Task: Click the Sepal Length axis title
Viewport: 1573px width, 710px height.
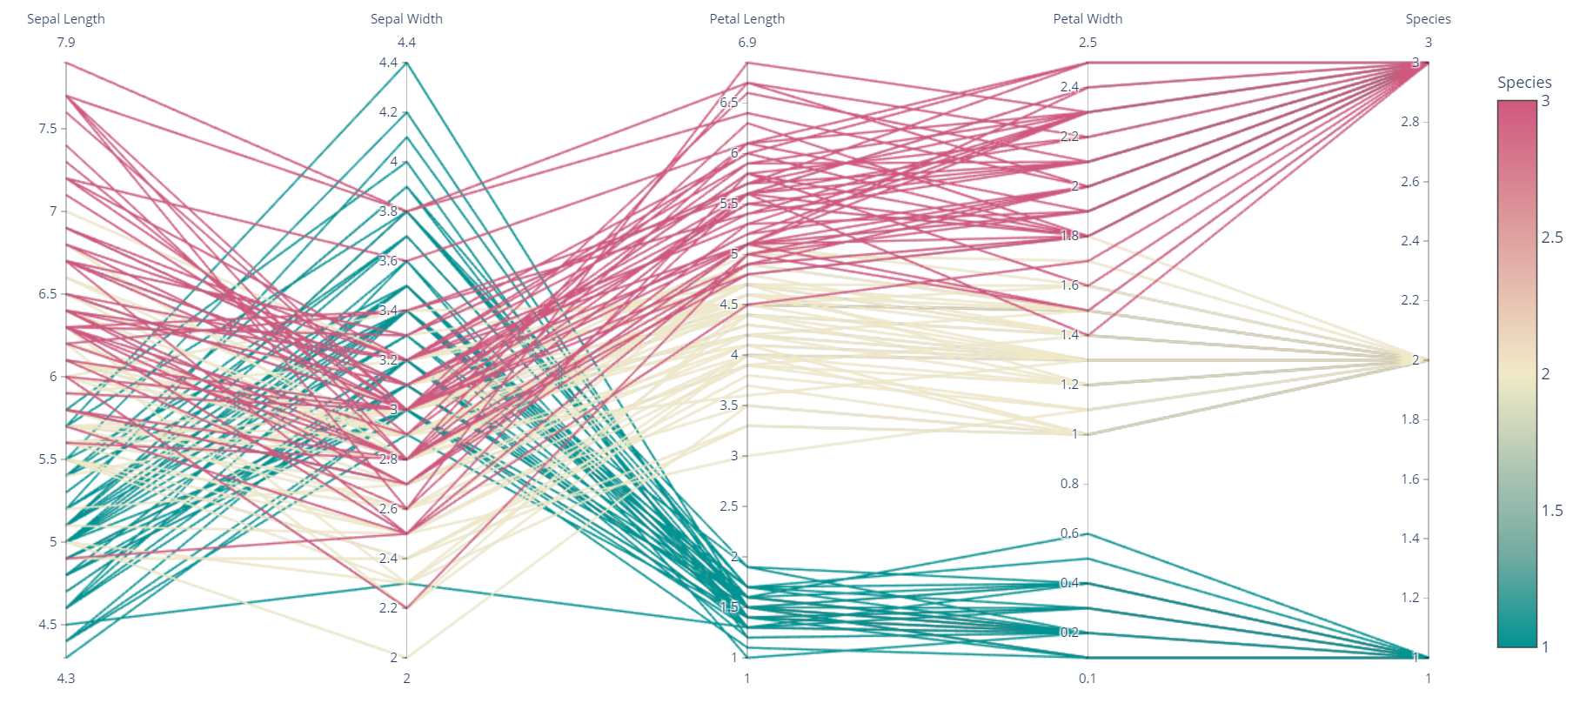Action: pos(65,19)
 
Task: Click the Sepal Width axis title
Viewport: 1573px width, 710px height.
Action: pos(406,19)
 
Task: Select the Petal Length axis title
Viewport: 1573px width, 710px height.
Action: pos(746,19)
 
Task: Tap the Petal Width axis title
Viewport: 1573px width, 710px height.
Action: pos(1088,19)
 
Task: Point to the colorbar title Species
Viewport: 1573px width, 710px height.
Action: pos(1523,83)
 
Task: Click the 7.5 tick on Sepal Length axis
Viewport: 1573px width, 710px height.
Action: pos(47,129)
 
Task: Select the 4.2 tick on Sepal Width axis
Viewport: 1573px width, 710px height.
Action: pos(387,112)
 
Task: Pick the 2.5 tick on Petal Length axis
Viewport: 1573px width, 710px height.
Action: pos(728,506)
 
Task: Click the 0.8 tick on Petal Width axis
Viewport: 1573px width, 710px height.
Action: pos(1068,484)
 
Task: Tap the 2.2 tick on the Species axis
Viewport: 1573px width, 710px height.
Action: pos(1409,300)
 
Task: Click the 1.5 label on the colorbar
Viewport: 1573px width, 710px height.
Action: pos(1551,511)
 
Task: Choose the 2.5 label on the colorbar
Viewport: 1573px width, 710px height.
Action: pos(1551,238)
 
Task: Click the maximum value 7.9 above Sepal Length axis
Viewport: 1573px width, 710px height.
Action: pos(66,43)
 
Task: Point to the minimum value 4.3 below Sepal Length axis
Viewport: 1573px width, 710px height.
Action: pos(66,679)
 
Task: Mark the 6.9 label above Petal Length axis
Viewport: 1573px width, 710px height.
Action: pos(746,43)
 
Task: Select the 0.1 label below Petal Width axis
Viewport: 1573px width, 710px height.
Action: pos(1088,679)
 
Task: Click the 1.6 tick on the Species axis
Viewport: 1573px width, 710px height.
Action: pos(1409,479)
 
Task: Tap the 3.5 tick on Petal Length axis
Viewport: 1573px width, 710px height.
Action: pos(728,405)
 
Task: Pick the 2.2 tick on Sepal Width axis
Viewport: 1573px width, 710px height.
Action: pos(387,608)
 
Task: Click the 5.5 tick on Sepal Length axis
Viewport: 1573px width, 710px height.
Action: pos(47,459)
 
